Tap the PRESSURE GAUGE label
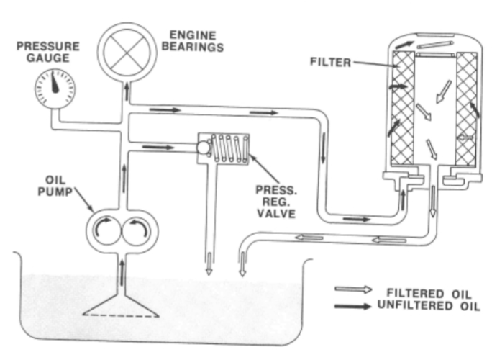coord(48,52)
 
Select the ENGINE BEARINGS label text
coord(192,41)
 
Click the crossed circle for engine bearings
coord(127,52)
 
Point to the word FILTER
coord(330,62)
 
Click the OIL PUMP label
coord(55,186)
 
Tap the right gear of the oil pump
coord(136,231)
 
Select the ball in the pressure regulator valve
coord(204,148)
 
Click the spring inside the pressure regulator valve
coord(230,148)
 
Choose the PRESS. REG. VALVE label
coord(276,202)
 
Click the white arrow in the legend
coord(353,289)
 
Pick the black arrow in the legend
coord(353,306)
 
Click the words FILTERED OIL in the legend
coord(429,294)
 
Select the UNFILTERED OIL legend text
coord(429,306)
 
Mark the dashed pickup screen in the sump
coord(121,315)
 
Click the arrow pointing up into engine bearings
coord(127,91)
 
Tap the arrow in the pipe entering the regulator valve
coord(158,147)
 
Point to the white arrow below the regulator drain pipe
coord(209,264)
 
